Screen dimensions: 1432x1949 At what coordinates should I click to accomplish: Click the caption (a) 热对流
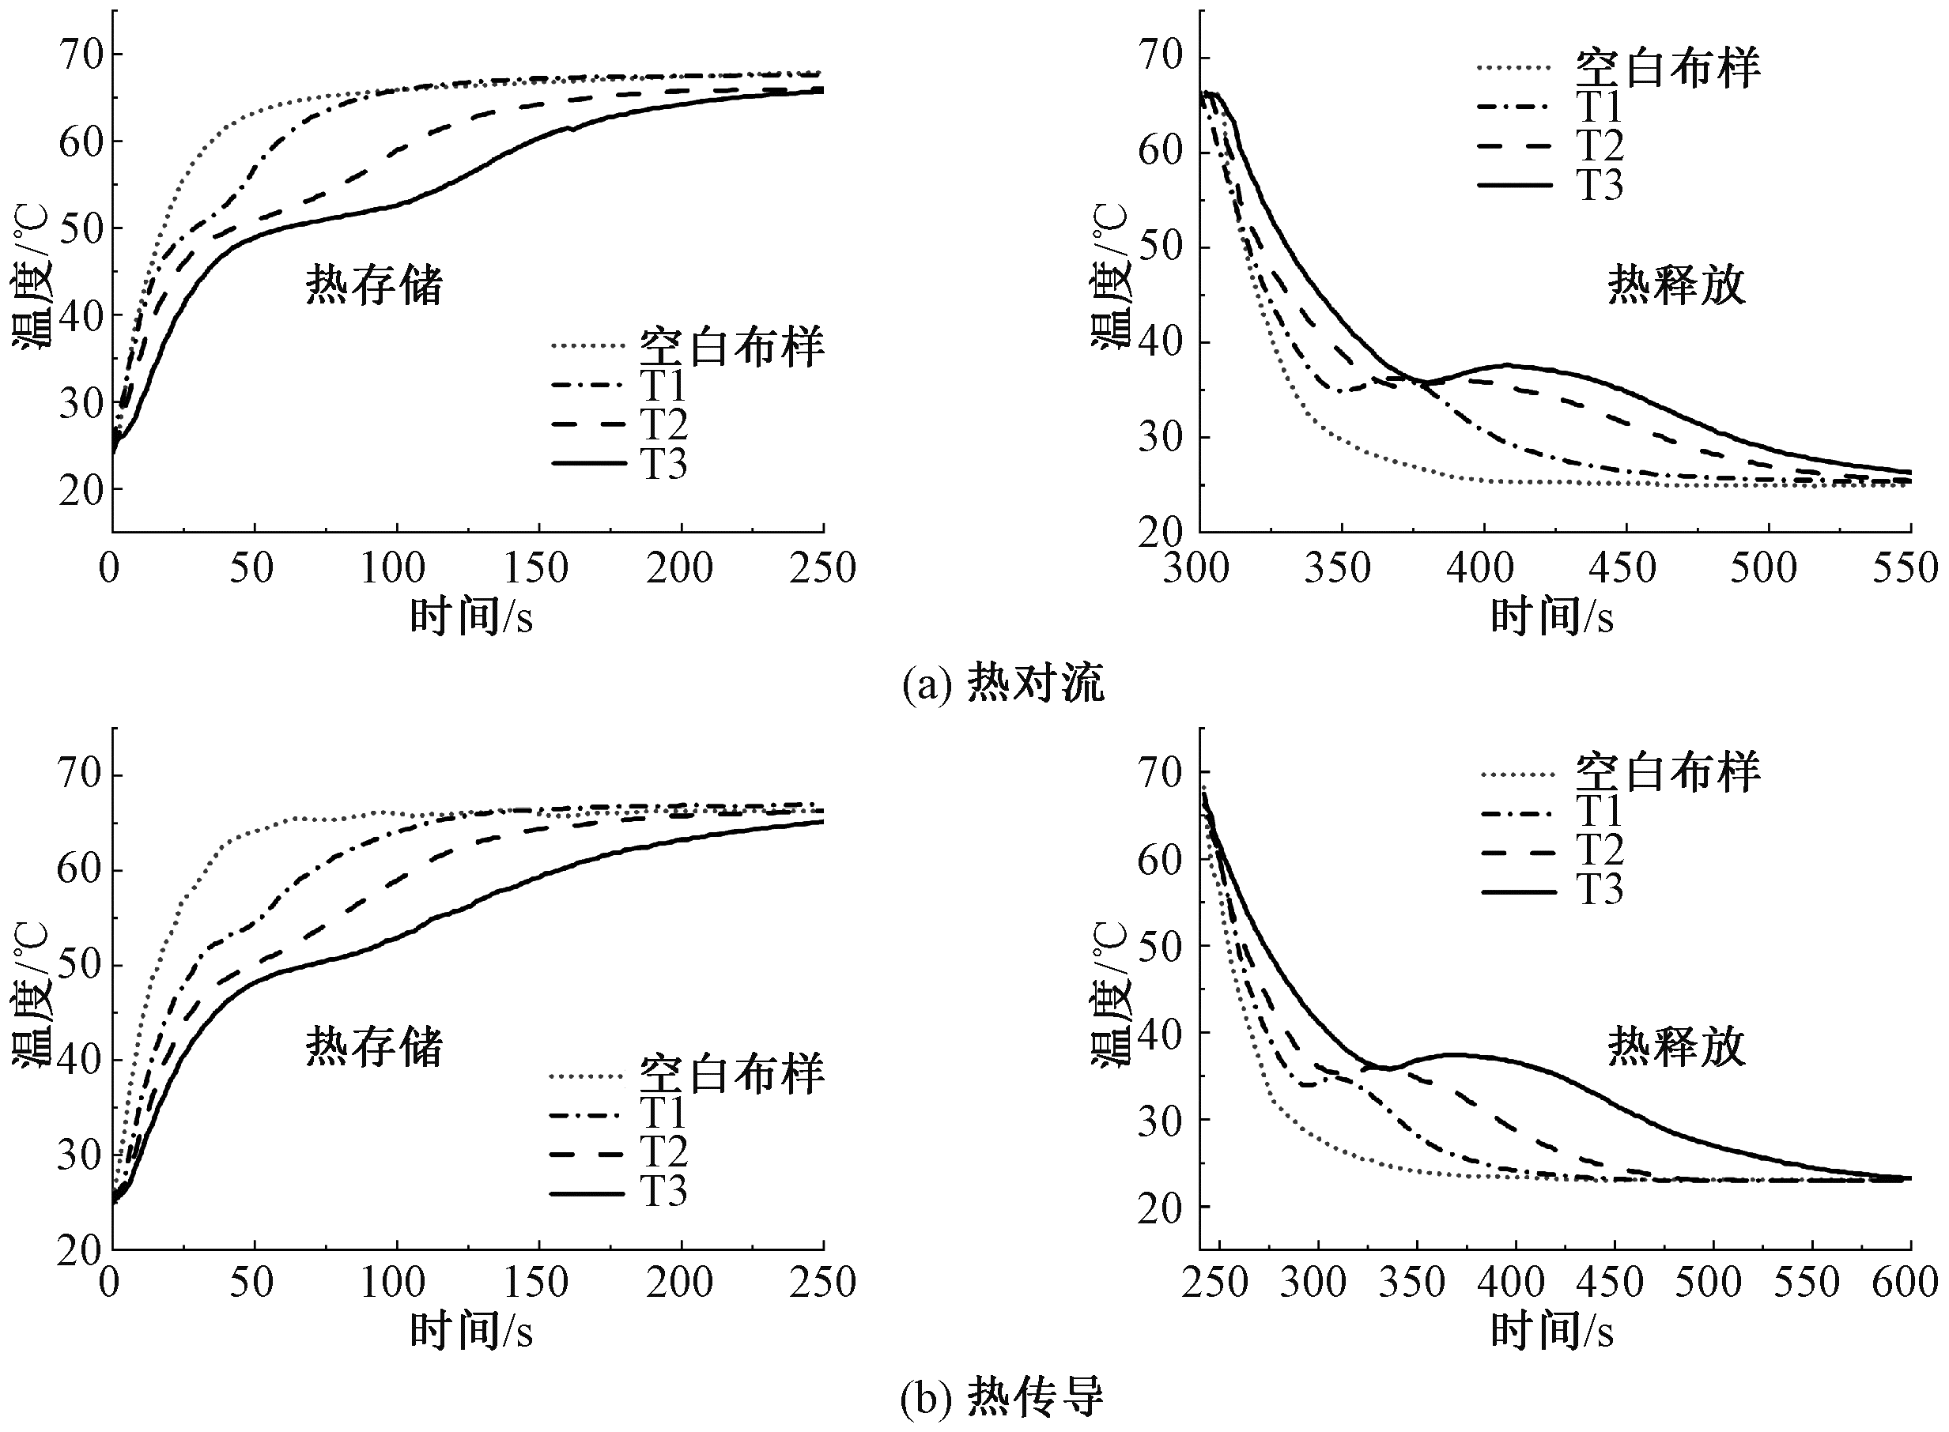click(x=1003, y=684)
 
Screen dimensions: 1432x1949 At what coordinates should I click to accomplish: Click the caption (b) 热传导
click(x=1003, y=1397)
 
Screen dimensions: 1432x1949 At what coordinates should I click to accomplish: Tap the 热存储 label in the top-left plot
click(x=374, y=285)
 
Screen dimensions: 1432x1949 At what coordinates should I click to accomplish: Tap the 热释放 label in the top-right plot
click(x=1676, y=285)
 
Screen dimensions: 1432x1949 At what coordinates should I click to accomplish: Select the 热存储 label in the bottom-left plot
click(x=374, y=1046)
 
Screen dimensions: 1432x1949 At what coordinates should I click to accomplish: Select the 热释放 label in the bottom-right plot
click(x=1676, y=1046)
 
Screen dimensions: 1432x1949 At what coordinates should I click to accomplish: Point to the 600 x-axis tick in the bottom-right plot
click(x=1905, y=1282)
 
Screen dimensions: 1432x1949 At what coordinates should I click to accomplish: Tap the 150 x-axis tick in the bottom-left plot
click(x=538, y=1282)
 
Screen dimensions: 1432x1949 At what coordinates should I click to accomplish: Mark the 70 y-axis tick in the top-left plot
click(x=80, y=55)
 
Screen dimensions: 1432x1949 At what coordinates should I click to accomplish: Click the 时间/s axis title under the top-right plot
click(x=1552, y=617)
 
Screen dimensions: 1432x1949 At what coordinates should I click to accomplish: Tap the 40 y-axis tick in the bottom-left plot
click(x=80, y=1060)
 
